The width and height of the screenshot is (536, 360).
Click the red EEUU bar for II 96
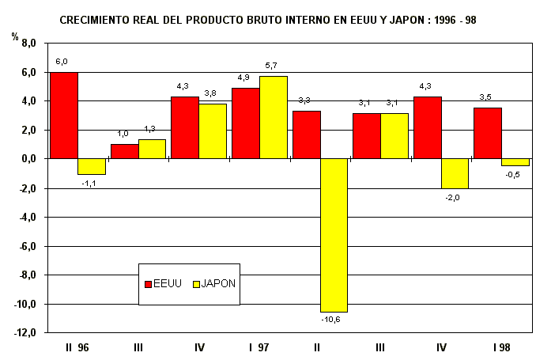click(63, 116)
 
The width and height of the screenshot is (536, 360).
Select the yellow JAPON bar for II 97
click(334, 235)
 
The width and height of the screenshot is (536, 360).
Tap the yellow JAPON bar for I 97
click(274, 117)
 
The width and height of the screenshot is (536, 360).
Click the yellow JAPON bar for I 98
click(515, 162)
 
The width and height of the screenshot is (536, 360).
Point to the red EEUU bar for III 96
click(124, 151)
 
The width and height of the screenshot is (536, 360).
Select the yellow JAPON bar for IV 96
click(213, 131)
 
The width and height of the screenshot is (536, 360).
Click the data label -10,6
click(330, 319)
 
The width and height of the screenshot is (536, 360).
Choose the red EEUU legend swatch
click(148, 283)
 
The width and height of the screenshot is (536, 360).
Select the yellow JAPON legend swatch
click(196, 283)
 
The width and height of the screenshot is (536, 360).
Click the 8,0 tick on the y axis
click(29, 44)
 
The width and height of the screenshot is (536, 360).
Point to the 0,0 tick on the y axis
click(29, 159)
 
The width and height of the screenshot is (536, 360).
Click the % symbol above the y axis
click(14, 36)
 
